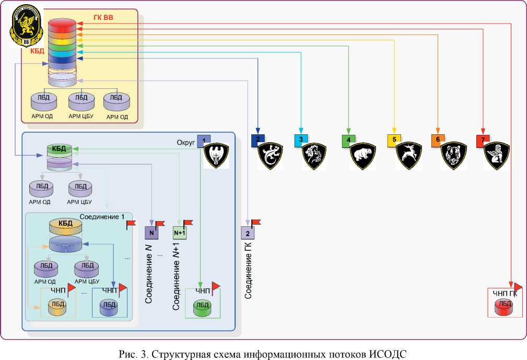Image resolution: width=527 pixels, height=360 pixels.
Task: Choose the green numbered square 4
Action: click(348, 140)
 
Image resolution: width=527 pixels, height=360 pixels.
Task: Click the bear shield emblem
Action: click(364, 156)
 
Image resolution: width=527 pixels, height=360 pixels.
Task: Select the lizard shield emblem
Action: click(272, 155)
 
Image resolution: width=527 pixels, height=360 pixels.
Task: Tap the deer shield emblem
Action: click(409, 156)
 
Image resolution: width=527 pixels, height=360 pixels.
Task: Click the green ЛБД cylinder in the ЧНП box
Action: click(202, 307)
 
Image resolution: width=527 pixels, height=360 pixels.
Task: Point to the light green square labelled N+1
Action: click(180, 232)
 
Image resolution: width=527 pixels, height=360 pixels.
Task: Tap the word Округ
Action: click(186, 142)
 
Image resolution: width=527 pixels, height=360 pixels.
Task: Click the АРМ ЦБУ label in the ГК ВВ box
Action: click(81, 115)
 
